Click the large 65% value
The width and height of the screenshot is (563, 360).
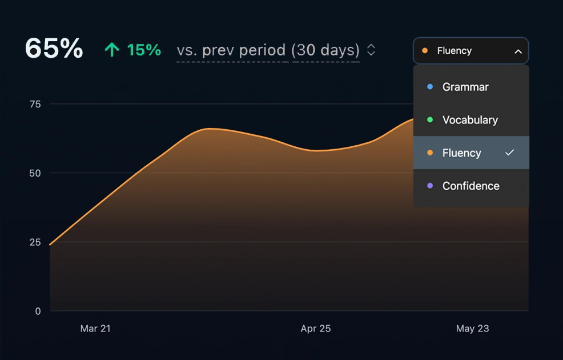[54, 49]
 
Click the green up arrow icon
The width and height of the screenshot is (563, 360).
[111, 50]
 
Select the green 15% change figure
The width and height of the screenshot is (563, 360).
[144, 50]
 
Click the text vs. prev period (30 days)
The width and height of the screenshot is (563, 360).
[268, 50]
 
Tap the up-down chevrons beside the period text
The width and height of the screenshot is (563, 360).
[371, 50]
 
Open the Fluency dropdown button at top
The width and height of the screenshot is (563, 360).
[470, 51]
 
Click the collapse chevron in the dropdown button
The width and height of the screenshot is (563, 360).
[518, 51]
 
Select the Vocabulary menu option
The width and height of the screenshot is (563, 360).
[470, 120]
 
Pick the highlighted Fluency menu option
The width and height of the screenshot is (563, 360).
[461, 153]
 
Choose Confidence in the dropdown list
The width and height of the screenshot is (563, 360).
[470, 186]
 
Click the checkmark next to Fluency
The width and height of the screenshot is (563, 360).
[510, 153]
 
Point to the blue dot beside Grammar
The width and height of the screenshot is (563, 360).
[430, 87]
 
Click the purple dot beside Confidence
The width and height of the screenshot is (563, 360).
[430, 186]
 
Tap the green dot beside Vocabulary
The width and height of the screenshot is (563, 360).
[430, 120]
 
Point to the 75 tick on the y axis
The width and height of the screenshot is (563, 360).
[35, 104]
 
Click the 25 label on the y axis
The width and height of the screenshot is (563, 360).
[35, 242]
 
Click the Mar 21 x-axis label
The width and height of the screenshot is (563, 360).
[95, 329]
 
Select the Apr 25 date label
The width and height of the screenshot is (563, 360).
[316, 329]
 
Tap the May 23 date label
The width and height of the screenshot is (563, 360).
[472, 329]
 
